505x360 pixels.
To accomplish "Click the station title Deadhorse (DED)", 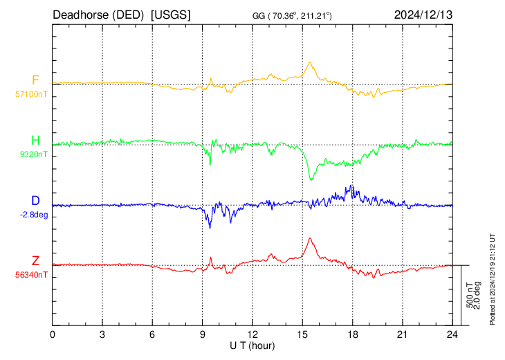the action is coord(98,15).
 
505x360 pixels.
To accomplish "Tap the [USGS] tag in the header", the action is coord(171,15).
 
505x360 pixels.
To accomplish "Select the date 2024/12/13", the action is coord(423,15).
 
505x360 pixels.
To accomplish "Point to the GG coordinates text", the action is coord(292,15).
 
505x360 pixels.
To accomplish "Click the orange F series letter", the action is coord(35,80).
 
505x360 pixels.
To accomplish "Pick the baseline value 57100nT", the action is coord(31,94).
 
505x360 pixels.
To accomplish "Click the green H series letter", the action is coord(35,141).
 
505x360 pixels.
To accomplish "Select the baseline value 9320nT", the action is coord(33,154).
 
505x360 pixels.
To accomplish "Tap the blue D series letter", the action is coord(35,201).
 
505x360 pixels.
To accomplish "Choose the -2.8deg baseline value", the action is coord(34,215).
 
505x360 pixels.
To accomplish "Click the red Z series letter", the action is coord(35,261).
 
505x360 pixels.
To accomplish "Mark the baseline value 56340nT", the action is coord(31,275).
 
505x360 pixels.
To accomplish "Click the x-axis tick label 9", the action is coord(202,334).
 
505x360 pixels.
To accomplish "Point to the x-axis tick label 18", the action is coord(353,334).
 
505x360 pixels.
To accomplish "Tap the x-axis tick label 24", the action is coord(452,334).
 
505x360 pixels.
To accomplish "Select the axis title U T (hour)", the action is coord(252,346).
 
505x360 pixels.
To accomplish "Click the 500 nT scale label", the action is coord(470,295).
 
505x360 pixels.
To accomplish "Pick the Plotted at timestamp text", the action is coord(493,279).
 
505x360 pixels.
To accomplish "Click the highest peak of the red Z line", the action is coord(310,238).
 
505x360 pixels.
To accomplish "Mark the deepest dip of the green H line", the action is coord(311,179).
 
